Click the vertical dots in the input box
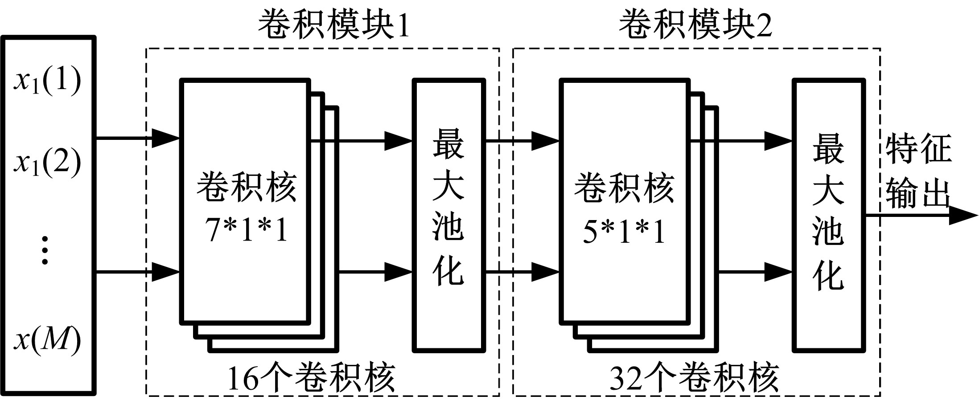[x=45, y=251]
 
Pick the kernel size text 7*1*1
[x=247, y=231]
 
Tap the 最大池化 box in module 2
[x=828, y=216]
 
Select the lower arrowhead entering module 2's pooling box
[x=778, y=272]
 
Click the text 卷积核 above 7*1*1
[x=247, y=187]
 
